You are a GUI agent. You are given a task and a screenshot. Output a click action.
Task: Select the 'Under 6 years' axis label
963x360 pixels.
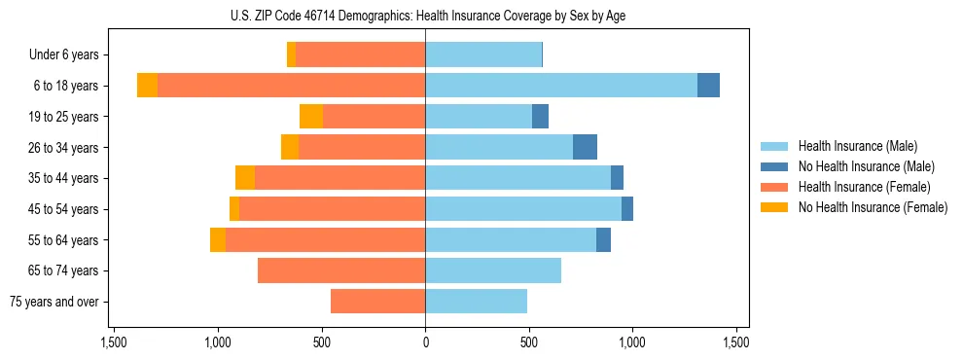tap(63, 55)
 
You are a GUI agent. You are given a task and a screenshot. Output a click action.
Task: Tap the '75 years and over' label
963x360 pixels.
tap(53, 302)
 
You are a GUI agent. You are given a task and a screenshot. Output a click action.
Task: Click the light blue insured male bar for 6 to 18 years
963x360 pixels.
tap(560, 86)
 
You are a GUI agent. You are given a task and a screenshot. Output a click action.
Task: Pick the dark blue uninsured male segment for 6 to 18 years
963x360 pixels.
tap(708, 86)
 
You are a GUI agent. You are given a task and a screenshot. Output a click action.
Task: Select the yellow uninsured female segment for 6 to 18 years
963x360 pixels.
tap(147, 86)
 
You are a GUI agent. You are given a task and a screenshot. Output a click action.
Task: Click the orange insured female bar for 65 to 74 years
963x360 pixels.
tap(341, 270)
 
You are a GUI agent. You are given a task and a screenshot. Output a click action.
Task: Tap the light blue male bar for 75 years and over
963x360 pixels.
tap(476, 302)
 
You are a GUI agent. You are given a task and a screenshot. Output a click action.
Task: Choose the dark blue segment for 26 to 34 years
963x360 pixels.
tap(585, 147)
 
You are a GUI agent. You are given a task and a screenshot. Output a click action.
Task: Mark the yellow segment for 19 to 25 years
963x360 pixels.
tap(311, 117)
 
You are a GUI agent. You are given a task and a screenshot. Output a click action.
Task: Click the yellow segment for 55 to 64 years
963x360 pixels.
tap(218, 239)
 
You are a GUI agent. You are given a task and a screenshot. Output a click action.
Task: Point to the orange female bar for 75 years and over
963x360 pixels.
tap(377, 302)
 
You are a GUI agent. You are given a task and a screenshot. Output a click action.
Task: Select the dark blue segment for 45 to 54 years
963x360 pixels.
tap(627, 209)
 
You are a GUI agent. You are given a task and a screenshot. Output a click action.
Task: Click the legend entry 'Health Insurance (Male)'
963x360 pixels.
tap(857, 146)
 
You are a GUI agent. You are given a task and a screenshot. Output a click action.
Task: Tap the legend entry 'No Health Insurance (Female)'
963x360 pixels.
tap(872, 207)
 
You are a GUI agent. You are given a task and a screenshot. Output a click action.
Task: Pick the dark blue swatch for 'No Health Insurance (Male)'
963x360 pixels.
tap(775, 166)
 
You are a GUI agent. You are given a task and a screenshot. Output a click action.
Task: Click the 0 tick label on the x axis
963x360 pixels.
tap(425, 343)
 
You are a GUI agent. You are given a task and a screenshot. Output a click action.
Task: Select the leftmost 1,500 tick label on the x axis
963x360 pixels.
tap(114, 343)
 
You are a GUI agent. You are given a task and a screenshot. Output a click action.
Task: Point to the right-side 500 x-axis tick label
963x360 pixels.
tap(528, 343)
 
